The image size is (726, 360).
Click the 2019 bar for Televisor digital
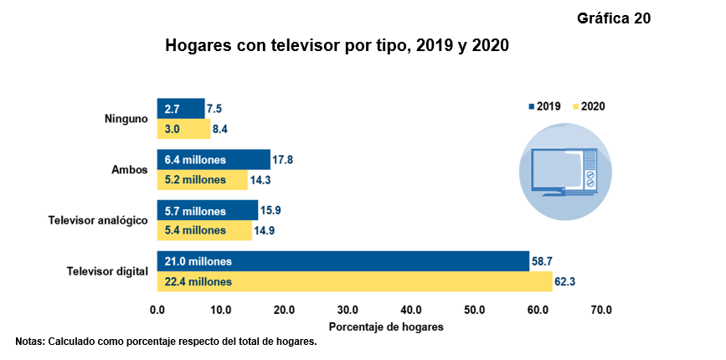[x=343, y=261]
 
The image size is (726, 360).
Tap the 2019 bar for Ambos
[x=214, y=159]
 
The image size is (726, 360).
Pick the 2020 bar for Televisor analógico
[x=204, y=230]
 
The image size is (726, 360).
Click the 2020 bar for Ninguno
[x=183, y=129]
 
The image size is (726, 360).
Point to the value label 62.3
[x=566, y=283]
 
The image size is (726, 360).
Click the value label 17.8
[x=283, y=159]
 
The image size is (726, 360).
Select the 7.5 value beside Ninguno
[x=214, y=109]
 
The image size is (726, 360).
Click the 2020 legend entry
[x=588, y=106]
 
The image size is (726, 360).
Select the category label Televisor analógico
[x=98, y=220]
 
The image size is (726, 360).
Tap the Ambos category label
[x=129, y=170]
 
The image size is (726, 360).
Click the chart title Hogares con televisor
[x=337, y=44]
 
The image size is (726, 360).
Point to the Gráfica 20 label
[x=614, y=18]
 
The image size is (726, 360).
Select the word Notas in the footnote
[x=29, y=342]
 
